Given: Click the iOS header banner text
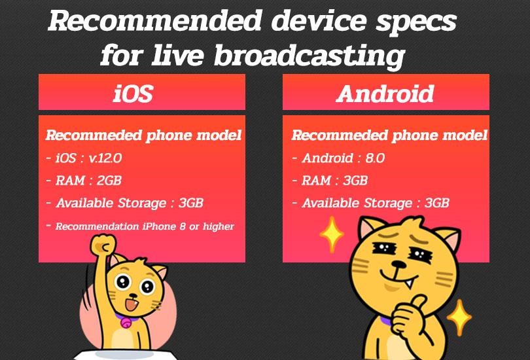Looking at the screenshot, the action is pos(133,94).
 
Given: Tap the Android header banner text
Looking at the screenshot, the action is pos(385,94).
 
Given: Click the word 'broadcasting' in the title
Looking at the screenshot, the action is pos(309,55).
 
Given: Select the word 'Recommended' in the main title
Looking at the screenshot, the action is pos(155,21).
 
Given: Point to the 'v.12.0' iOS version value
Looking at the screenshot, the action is pos(105,158).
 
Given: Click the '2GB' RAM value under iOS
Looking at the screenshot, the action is pos(109,181).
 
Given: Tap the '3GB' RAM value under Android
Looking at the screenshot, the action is pos(355,181).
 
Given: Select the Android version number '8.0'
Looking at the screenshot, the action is pos(375,158).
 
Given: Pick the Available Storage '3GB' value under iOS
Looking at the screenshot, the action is pos(191,203).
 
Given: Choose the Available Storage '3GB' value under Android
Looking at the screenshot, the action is pos(437,203).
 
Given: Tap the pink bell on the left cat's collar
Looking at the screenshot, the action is pos(126,323).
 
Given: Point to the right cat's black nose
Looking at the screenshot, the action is pos(399,264).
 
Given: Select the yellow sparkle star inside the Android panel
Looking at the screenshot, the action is pos(332,234).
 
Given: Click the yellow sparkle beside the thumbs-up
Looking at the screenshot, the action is pos(459,317).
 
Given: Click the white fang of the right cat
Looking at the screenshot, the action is pos(410,283).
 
